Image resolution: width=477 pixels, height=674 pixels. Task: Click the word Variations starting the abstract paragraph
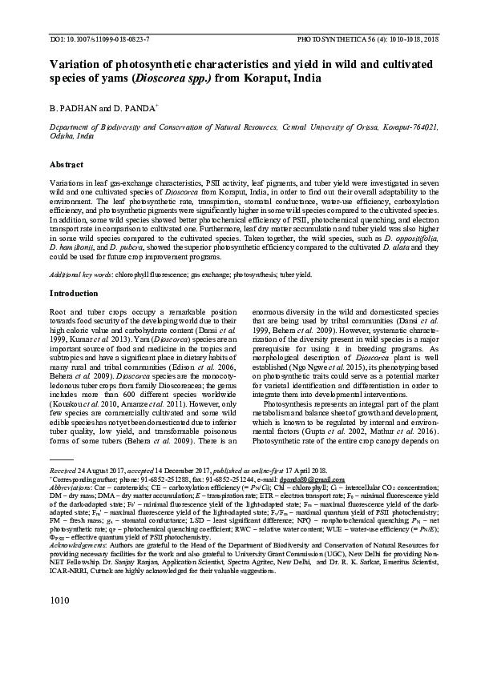pos(68,183)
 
